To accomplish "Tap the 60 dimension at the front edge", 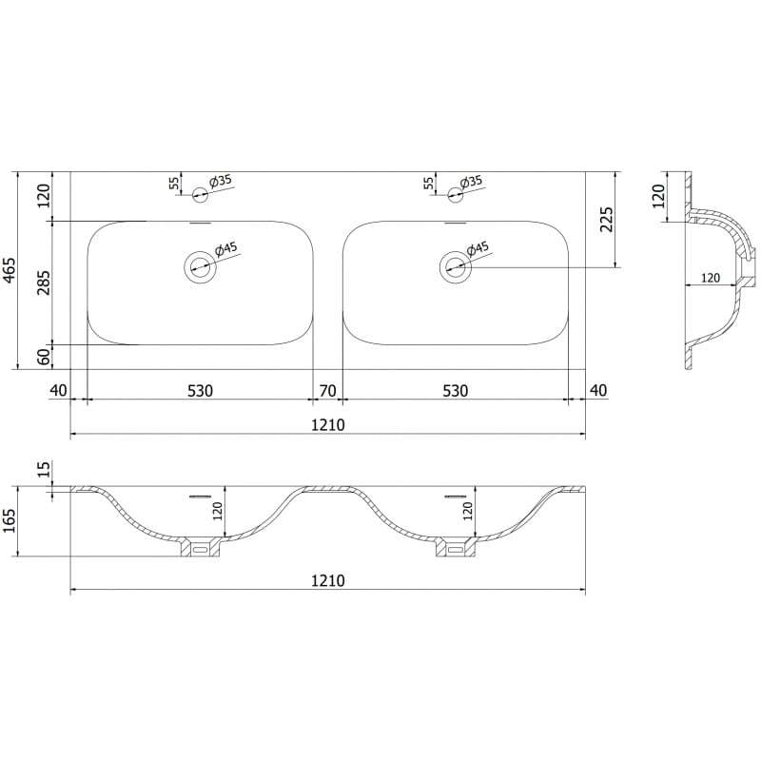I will pos(42,356).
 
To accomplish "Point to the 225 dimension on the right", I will pos(607,219).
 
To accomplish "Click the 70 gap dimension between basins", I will pos(327,390).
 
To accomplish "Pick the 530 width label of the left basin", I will pos(199,390).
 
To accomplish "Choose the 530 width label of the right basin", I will pos(455,390).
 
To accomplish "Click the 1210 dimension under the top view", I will pos(327,424).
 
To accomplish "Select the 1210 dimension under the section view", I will pos(327,580).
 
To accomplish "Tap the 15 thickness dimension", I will pos(42,469).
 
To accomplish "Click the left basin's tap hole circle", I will pos(200,195).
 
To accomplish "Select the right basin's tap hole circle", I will pos(455,195).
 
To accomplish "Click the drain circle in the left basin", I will pos(200,266).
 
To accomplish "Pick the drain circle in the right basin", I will pos(455,266).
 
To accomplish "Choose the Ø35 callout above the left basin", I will pos(220,181).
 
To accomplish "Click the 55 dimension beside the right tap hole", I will pos(429,183).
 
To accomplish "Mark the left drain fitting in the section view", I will pos(200,549).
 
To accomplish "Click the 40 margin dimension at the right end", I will pos(597,390).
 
